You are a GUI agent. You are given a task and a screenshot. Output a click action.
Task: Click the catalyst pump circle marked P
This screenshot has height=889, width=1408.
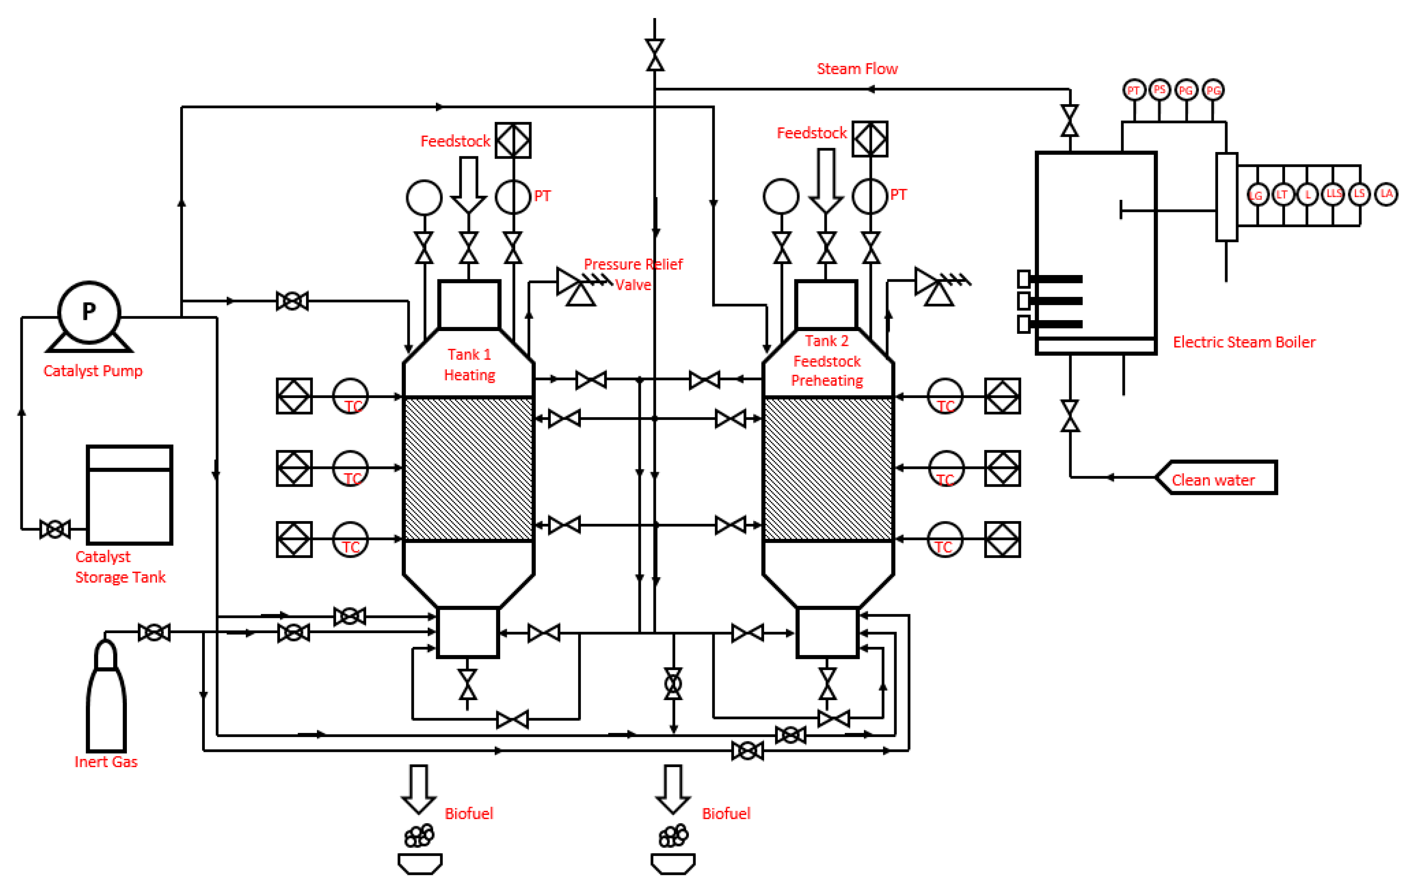89,312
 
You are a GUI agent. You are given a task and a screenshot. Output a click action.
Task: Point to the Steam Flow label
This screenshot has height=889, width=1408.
857,69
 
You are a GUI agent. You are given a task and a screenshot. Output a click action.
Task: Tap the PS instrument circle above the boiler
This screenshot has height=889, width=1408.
1160,89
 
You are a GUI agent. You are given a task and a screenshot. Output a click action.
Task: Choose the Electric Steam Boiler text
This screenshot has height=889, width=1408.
1244,342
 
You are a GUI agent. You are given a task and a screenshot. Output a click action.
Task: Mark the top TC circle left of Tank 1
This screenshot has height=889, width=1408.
350,397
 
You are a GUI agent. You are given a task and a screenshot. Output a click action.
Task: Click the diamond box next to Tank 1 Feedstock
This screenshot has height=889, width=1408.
513,140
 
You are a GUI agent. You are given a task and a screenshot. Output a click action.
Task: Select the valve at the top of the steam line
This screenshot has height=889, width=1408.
654,55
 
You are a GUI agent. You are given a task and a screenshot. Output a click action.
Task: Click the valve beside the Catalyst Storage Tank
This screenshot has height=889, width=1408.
55,529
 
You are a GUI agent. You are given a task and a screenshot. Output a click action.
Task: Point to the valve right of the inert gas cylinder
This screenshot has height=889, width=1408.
154,632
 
